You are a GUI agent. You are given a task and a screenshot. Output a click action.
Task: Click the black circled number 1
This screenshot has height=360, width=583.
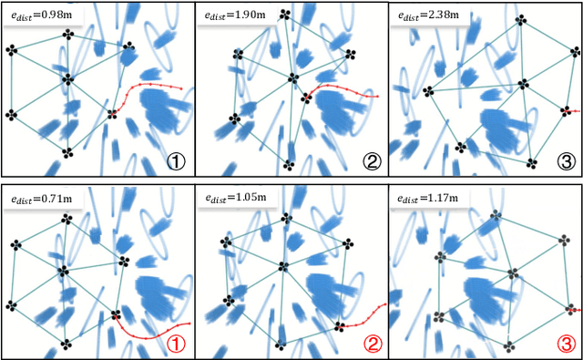click(x=178, y=162)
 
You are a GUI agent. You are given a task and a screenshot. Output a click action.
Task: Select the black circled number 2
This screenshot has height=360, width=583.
click(x=371, y=162)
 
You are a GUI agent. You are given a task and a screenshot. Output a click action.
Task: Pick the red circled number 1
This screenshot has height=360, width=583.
click(x=178, y=344)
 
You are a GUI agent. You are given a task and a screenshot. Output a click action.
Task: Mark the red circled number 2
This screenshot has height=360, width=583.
click(x=371, y=344)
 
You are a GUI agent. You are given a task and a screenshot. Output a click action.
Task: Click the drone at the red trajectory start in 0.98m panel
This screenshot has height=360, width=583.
click(x=113, y=114)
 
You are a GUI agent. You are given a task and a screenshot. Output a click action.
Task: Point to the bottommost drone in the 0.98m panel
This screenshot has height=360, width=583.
click(x=66, y=152)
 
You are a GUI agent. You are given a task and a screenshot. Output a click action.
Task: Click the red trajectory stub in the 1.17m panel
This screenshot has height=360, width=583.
click(x=574, y=310)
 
